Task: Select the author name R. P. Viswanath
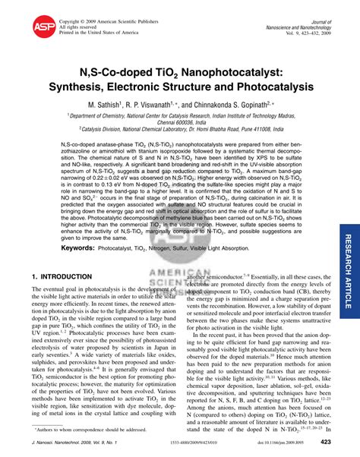click(173, 104)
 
